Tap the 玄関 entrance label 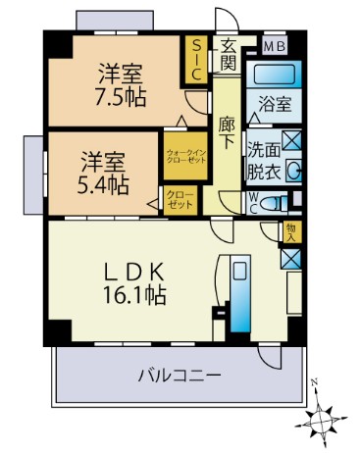228,55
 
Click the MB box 273,45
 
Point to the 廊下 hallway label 228,131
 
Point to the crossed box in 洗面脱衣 291,139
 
